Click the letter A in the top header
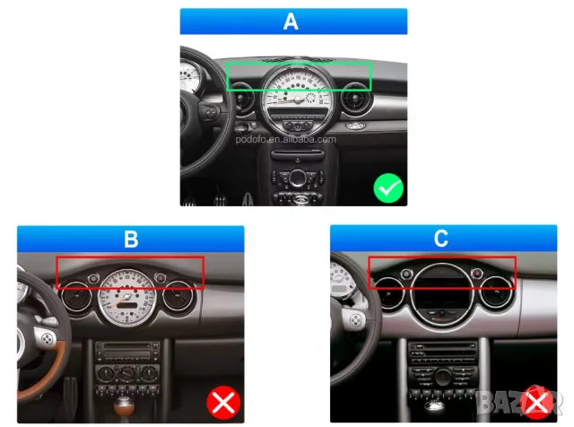click(290, 22)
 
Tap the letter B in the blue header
click(131, 239)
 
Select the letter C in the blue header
click(440, 239)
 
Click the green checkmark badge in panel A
click(388, 187)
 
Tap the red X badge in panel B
click(222, 403)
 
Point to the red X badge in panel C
click(536, 403)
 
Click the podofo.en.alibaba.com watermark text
click(286, 139)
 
